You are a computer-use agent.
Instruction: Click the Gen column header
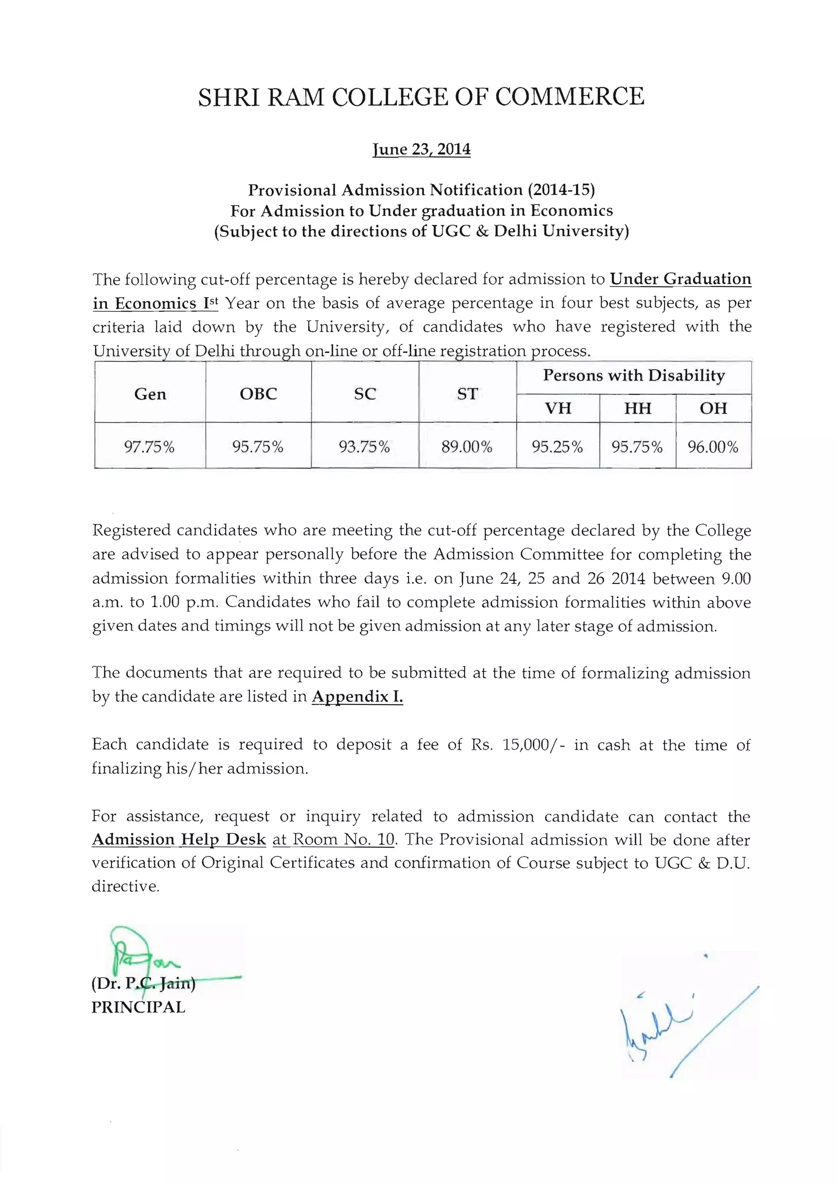[x=150, y=394]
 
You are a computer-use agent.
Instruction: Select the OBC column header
[x=258, y=394]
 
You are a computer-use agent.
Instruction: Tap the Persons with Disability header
[x=634, y=375]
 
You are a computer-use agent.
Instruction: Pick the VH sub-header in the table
[x=558, y=409]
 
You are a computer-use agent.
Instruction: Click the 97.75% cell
[x=150, y=447]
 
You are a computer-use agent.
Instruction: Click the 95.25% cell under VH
[x=557, y=447]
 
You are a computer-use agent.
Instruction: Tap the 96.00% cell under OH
[x=713, y=447]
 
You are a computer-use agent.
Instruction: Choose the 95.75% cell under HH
[x=637, y=447]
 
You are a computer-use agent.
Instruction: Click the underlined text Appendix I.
[x=357, y=696]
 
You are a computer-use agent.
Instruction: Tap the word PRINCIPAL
[x=138, y=1007]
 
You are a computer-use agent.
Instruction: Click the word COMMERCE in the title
[x=570, y=97]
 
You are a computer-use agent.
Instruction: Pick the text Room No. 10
[x=344, y=840]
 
